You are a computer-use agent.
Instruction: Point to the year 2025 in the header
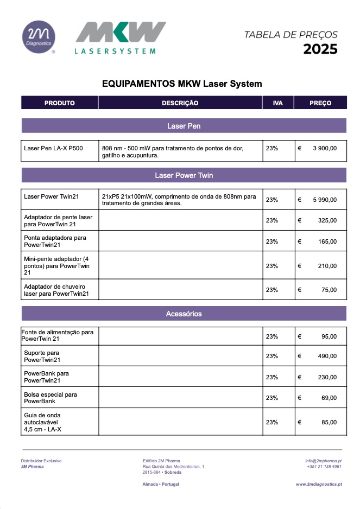point(320,49)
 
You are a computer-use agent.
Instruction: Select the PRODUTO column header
point(60,103)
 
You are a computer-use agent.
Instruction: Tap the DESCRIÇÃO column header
point(180,103)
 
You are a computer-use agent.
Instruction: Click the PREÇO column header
point(320,103)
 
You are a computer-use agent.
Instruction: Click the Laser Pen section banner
point(184,126)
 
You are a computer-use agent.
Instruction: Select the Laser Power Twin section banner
point(184,176)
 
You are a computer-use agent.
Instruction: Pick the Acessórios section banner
point(184,314)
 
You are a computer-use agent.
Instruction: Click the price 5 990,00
point(324,200)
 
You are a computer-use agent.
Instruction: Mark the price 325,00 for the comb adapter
point(327,220)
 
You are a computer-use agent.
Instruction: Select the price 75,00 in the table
point(329,290)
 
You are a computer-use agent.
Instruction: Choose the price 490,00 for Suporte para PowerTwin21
point(327,356)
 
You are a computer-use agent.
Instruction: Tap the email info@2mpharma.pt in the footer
point(323,461)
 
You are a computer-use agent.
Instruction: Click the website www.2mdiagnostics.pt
point(319,483)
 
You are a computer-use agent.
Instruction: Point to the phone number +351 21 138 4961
point(324,467)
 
